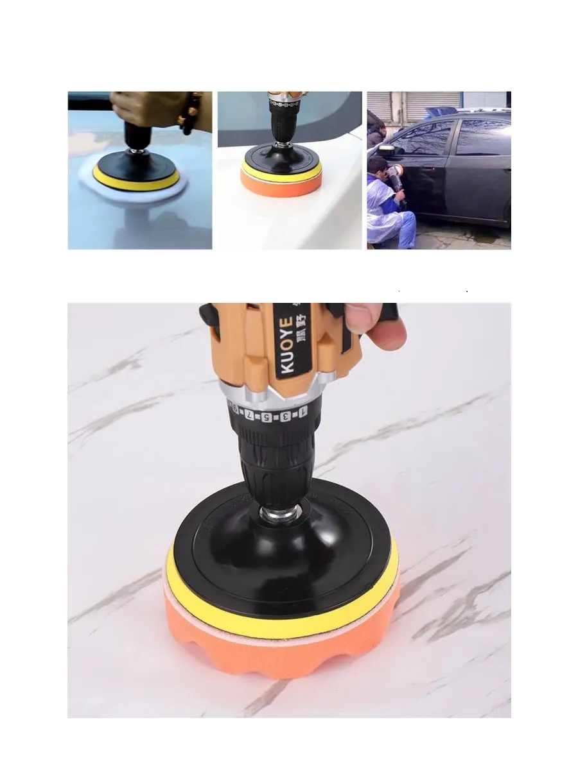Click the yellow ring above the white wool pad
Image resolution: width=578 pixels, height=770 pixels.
click(x=136, y=179)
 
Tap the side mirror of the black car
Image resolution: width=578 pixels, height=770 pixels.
click(x=387, y=150)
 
